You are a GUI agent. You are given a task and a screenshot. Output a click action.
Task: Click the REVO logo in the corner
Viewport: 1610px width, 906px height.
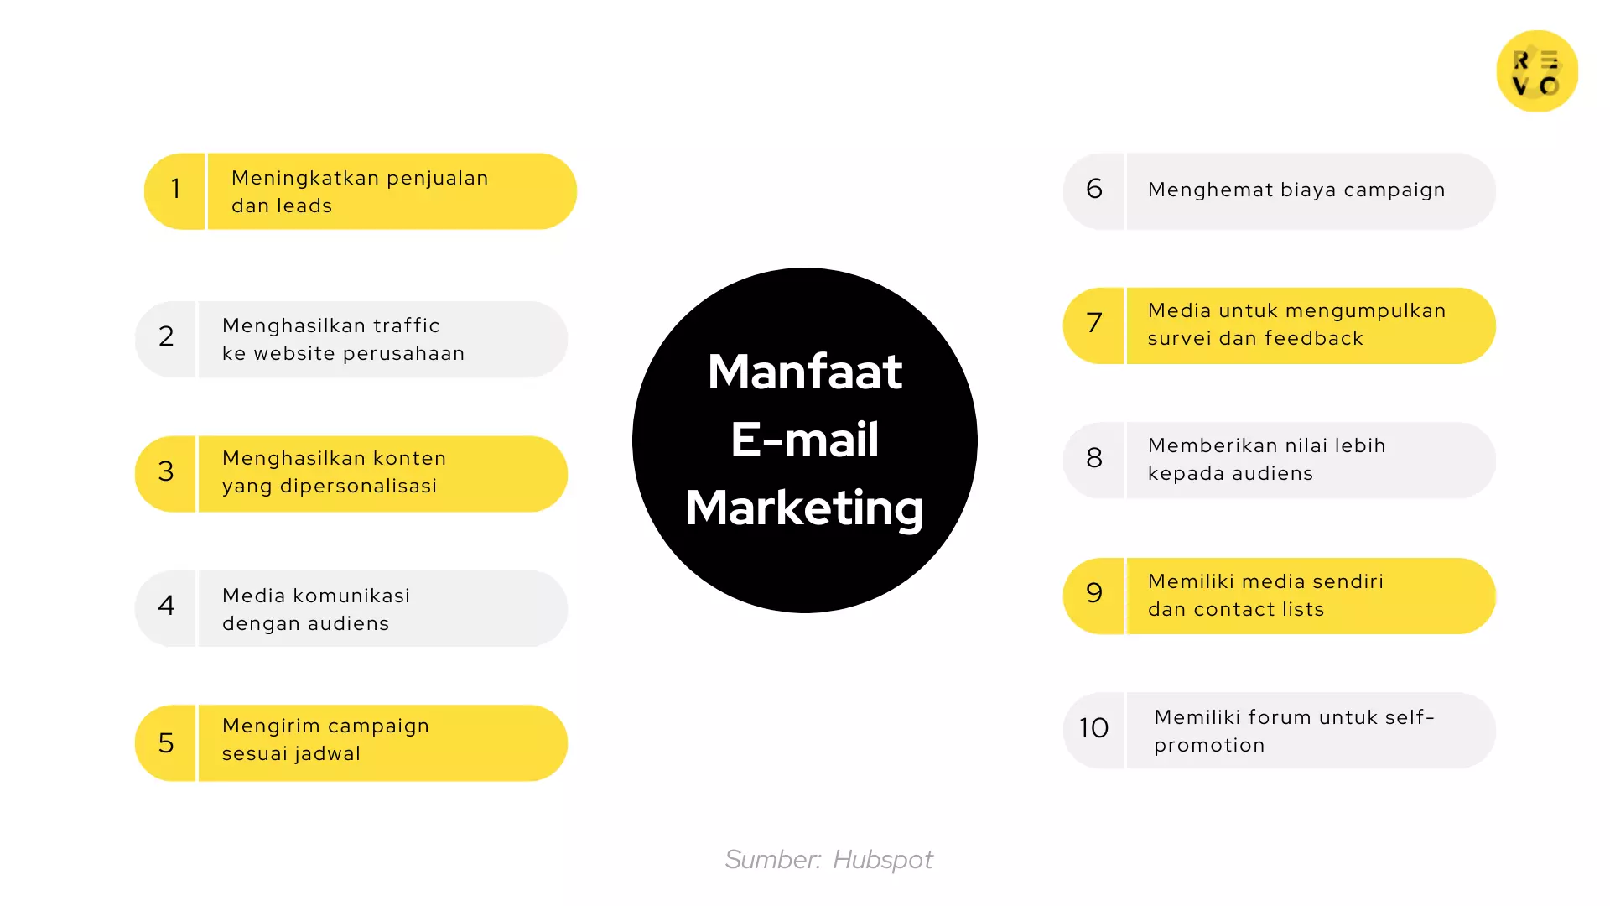point(1537,71)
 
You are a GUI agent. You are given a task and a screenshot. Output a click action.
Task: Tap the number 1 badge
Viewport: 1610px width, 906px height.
point(175,190)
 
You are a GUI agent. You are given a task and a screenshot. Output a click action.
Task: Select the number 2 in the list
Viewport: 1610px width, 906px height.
point(166,336)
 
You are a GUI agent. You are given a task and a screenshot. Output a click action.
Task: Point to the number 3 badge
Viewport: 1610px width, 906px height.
point(166,471)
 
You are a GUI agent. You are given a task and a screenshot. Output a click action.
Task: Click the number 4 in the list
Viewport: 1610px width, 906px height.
point(166,606)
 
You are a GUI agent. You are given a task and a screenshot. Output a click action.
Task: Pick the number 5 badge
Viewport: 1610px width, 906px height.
point(166,742)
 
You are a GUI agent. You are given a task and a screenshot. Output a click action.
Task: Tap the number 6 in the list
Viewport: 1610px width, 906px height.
point(1094,189)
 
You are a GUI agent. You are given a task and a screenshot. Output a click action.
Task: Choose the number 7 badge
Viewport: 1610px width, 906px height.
point(1094,323)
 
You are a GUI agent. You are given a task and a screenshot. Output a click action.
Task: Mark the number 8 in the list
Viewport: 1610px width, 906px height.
point(1094,458)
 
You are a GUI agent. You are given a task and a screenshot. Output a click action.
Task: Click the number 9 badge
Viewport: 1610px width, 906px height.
point(1094,593)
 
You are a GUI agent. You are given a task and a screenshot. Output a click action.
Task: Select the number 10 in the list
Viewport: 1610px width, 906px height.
point(1093,728)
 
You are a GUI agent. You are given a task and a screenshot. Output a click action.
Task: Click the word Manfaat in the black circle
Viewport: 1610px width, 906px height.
point(805,372)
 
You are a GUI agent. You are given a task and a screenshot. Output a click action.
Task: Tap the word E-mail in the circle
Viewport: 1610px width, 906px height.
point(805,440)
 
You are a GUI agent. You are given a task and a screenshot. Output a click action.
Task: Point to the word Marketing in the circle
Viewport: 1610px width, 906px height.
point(805,508)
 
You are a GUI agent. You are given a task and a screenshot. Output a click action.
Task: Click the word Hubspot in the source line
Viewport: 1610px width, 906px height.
point(882,860)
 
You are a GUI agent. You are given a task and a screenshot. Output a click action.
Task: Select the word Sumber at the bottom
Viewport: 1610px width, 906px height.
point(772,860)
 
